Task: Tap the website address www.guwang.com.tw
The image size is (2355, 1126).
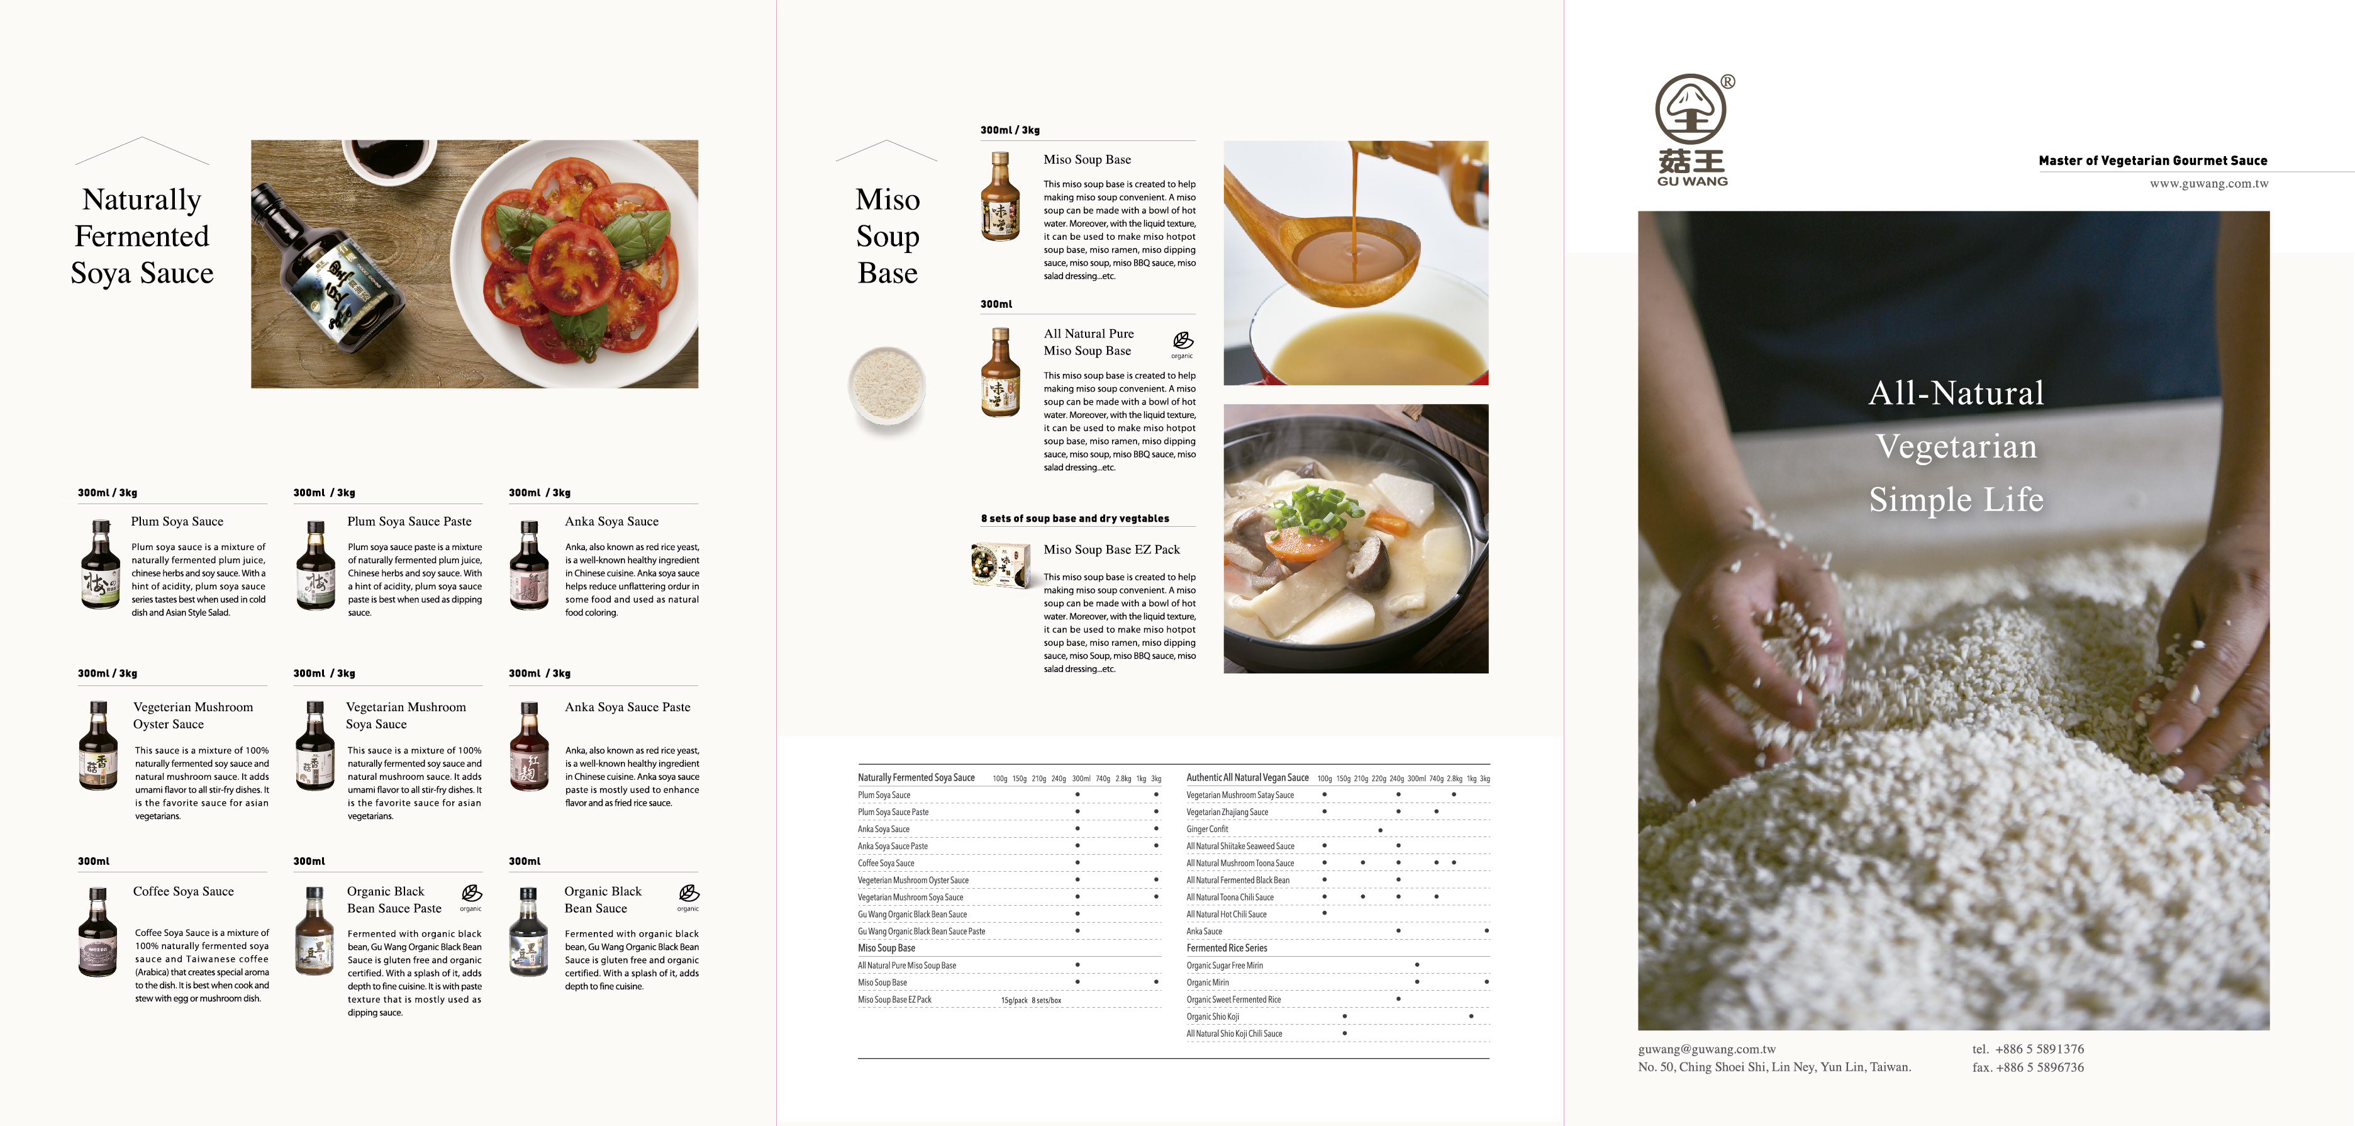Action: click(x=2208, y=184)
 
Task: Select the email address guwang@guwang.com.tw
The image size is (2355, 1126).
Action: click(x=1707, y=1049)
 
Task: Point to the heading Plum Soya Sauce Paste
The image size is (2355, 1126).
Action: click(x=409, y=521)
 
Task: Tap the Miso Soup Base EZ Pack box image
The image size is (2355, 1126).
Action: click(x=1001, y=565)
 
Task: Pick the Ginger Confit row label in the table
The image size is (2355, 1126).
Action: click(x=1207, y=830)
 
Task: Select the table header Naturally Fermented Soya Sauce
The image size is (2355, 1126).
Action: click(x=916, y=777)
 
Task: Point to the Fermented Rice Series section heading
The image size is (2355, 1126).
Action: click(x=1227, y=948)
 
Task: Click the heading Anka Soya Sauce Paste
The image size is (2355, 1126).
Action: click(x=627, y=707)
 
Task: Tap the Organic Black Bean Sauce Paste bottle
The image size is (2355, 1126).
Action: click(x=315, y=931)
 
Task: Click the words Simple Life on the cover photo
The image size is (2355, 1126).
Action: click(x=1956, y=499)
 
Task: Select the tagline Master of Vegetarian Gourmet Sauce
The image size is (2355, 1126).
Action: click(x=2153, y=161)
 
